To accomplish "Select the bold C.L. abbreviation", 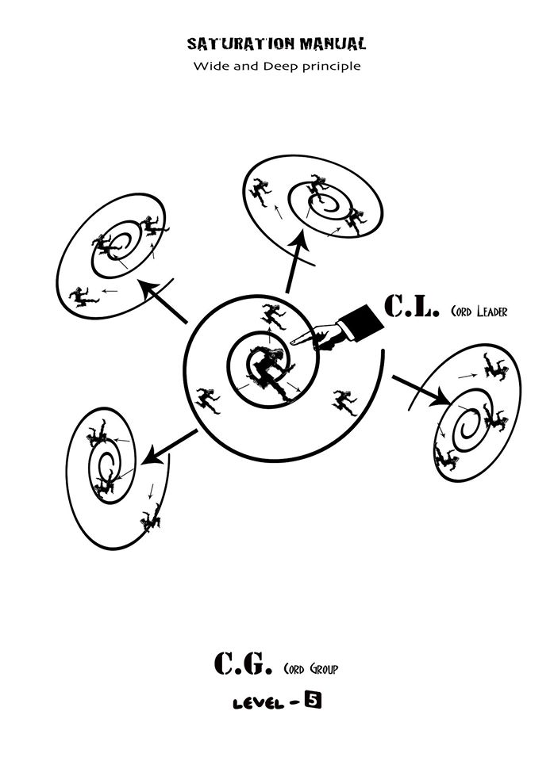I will (410, 306).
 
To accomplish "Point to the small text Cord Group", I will (310, 669).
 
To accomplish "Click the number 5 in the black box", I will (314, 701).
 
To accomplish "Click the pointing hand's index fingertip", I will (293, 342).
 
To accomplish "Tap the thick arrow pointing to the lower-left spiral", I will (169, 448).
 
